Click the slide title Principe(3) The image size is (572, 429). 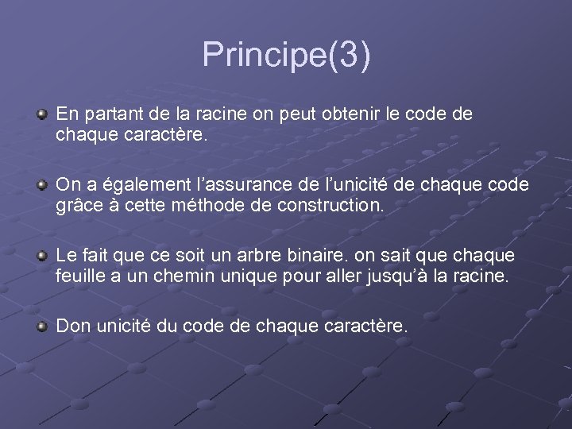[286, 56]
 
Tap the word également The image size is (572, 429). [136, 185]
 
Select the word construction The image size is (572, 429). [325, 206]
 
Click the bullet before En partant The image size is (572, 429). [42, 115]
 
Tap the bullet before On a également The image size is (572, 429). [42, 186]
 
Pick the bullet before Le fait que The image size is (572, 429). [42, 257]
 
